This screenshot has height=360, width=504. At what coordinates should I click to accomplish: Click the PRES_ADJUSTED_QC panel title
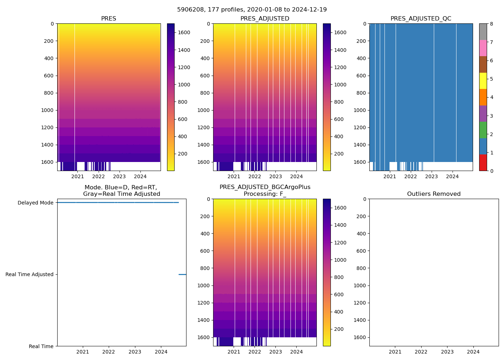pos(421,19)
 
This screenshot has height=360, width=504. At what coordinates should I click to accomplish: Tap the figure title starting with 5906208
pos(252,10)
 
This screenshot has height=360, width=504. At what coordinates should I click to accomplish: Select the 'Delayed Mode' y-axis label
pos(35,203)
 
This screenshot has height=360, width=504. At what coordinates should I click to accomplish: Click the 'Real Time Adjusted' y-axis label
pos(29,274)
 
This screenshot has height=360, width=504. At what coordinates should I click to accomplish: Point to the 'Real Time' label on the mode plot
pos(41,346)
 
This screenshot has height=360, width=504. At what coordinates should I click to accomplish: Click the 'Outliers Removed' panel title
pos(434,194)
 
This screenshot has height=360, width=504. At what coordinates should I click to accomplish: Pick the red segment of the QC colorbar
pos(483,163)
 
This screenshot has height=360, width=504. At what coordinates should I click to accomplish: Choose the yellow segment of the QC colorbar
pos(483,81)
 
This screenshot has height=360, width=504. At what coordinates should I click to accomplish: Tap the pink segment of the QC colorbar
pos(483,48)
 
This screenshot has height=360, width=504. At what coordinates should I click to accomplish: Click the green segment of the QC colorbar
pos(483,130)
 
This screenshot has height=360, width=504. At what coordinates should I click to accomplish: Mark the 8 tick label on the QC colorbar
pos(491,24)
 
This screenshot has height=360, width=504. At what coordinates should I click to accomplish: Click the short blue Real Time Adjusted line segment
pos(182,274)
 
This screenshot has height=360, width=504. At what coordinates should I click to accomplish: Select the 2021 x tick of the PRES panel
pos(78,176)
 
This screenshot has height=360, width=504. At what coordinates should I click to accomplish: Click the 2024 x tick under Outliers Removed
pos(473,352)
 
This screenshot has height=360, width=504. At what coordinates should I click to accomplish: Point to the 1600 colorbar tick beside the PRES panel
pos(184,32)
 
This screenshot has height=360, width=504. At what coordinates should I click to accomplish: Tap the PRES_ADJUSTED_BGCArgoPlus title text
pos(265,187)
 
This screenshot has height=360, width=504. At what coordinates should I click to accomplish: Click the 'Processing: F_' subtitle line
pos(265,194)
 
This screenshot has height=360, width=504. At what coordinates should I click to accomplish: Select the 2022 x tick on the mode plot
pos(109,352)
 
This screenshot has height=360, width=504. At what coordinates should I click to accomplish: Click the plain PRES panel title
pos(109,19)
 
